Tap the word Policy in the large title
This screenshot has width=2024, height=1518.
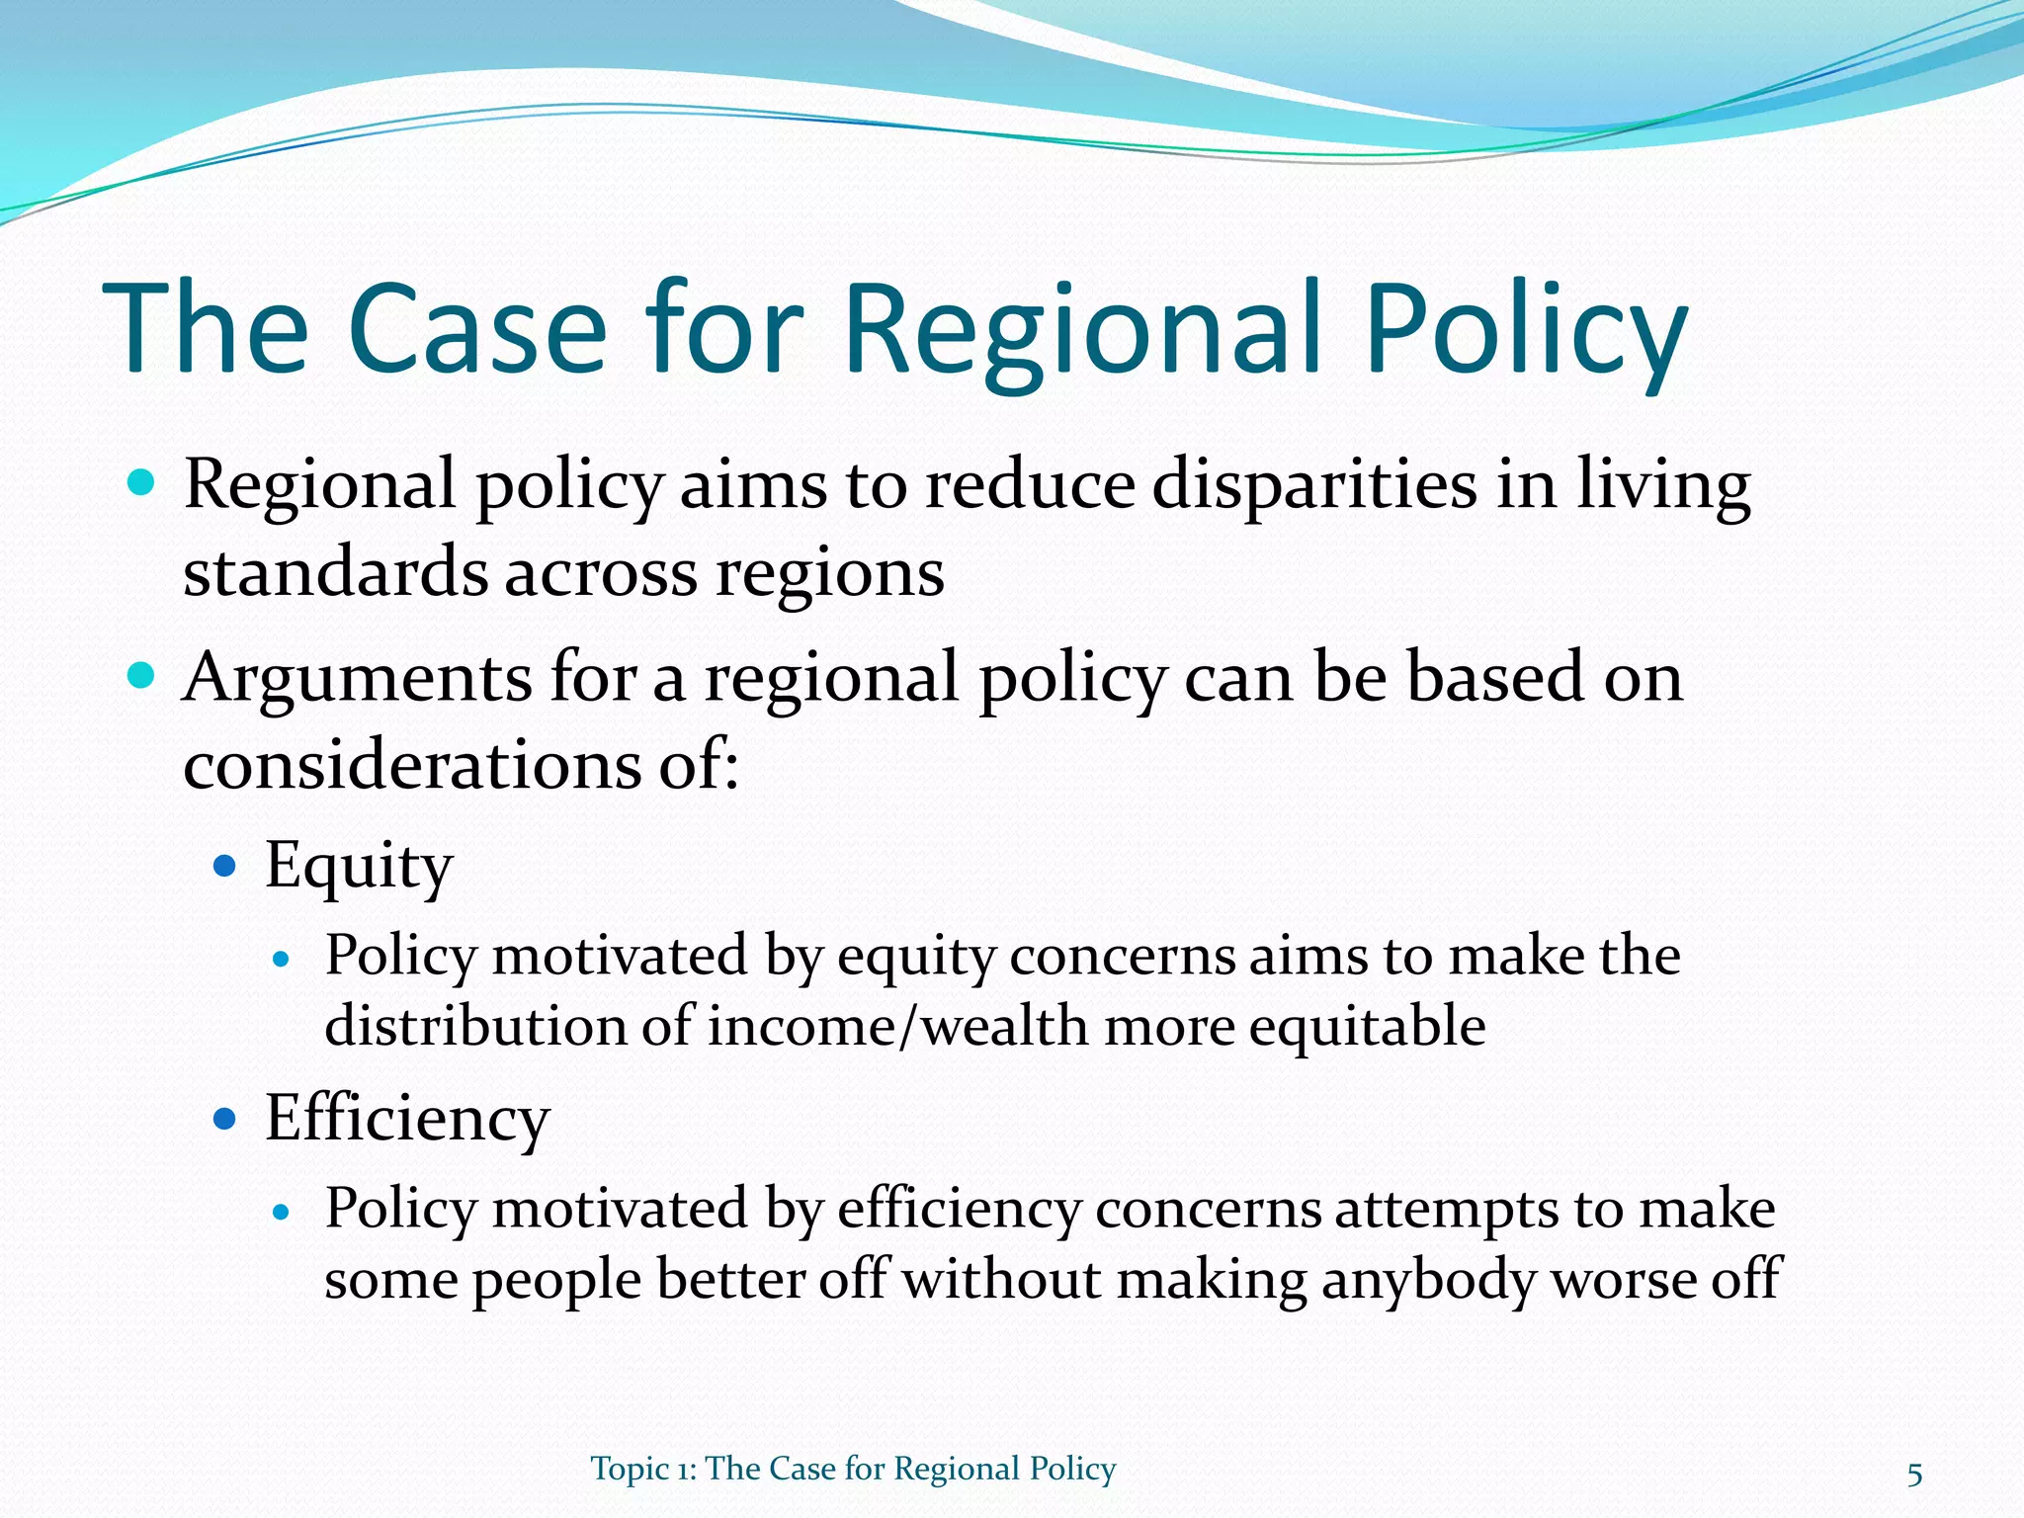tap(1526, 331)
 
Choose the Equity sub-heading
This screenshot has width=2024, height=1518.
tap(359, 867)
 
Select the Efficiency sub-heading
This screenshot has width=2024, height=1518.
tap(406, 1119)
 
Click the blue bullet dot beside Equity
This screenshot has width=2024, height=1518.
tap(225, 867)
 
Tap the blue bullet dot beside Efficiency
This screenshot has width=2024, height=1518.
tap(225, 1119)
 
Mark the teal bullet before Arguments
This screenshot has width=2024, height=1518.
tap(142, 676)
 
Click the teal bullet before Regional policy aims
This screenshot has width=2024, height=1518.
tap(142, 483)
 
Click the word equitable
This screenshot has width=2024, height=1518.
tap(1367, 1028)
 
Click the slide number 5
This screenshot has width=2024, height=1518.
tap(1914, 1476)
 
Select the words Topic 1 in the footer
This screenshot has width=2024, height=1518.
tap(641, 1469)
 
